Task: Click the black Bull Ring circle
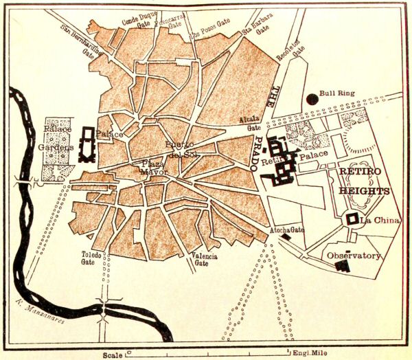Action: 313,98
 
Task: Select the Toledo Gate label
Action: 88,258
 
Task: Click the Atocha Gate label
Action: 288,230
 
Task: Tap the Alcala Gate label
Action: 249,122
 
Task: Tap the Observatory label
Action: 354,256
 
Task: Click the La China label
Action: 376,220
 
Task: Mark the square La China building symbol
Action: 352,219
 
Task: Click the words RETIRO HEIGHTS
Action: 364,182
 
